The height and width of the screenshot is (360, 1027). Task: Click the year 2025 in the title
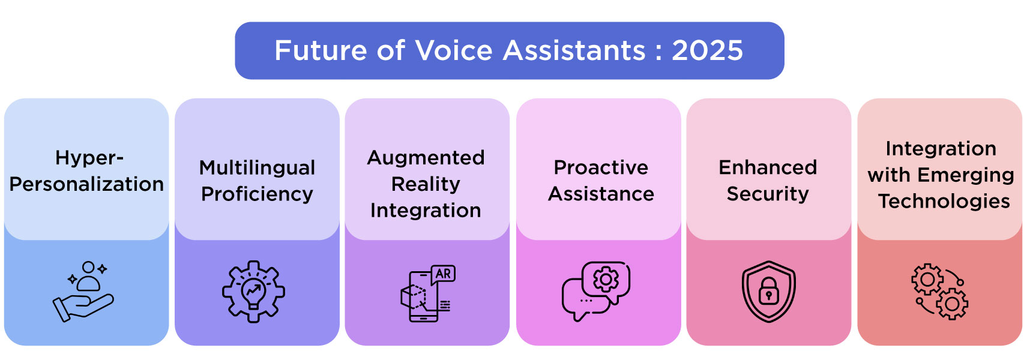tap(707, 50)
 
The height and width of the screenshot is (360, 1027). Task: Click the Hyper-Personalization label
tap(86, 171)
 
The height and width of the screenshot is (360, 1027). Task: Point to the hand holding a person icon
tap(84, 292)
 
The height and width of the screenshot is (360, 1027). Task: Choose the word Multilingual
tap(257, 167)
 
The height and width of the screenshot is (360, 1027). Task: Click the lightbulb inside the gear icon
tap(253, 292)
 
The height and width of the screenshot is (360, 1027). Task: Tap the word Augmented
tap(426, 157)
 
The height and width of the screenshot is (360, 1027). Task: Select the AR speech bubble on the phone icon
tap(443, 274)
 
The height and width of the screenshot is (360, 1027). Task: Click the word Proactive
tap(601, 167)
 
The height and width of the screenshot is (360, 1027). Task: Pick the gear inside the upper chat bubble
tap(606, 279)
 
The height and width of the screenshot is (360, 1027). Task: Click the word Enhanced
tap(768, 167)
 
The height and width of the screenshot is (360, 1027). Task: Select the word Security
tap(768, 194)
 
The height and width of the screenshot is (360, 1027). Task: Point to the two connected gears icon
tap(940, 292)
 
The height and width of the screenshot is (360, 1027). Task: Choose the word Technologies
tap(944, 201)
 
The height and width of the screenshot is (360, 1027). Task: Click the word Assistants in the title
tap(574, 50)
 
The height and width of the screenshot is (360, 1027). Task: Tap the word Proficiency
tap(257, 194)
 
